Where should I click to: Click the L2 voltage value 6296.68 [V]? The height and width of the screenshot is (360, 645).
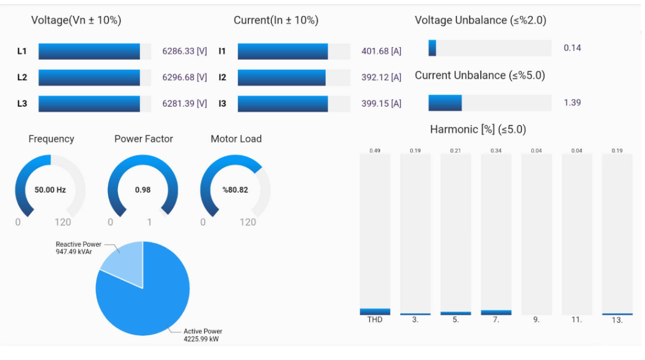point(184,77)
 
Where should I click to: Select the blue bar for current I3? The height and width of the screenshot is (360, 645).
point(283,104)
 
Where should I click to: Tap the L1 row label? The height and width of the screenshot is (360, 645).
point(22,51)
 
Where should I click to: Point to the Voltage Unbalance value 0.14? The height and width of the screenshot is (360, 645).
point(572,48)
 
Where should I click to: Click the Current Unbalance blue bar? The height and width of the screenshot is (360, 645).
point(445,103)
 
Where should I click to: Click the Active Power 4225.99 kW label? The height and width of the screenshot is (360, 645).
point(202,335)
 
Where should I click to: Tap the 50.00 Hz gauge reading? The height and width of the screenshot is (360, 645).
point(50,190)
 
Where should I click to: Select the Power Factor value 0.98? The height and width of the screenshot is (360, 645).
point(143,190)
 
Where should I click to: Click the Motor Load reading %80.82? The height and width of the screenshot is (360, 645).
point(235,190)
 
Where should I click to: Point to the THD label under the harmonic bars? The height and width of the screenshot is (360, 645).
point(375,320)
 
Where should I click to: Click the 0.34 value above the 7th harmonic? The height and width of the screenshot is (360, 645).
point(496,151)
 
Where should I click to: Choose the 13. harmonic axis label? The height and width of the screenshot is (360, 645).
point(617,320)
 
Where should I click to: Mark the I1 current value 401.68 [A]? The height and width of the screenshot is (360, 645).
point(381,51)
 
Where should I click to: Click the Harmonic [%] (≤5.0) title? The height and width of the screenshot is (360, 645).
point(477,129)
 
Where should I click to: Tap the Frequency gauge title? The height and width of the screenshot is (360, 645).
point(51,139)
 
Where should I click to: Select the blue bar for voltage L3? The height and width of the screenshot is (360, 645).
point(89,104)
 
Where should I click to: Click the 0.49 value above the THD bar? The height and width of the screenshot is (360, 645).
point(375,151)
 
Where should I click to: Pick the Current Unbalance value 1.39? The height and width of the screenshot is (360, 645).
point(572,103)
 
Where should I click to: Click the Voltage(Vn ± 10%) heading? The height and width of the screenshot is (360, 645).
point(76,20)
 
